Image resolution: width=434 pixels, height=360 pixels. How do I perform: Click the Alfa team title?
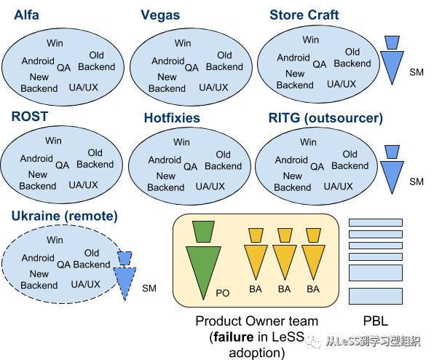point(26,15)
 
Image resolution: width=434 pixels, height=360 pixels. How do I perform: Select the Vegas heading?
point(160,15)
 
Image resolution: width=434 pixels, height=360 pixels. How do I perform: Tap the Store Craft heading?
point(304,15)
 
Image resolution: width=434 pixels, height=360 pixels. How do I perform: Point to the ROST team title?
point(30,117)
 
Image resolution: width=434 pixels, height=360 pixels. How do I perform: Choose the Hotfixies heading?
point(172,118)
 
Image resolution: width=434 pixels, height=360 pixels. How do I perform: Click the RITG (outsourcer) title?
point(325,118)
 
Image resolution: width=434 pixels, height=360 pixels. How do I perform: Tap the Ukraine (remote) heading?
point(65,216)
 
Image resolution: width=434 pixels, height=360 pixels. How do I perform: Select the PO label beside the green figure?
point(223,293)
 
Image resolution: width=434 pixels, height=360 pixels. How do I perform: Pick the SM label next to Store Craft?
point(417,72)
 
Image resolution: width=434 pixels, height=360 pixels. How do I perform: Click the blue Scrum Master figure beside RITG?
point(392,170)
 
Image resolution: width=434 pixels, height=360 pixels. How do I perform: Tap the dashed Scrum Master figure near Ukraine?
point(125,275)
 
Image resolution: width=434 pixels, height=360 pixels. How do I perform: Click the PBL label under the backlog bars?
point(375,321)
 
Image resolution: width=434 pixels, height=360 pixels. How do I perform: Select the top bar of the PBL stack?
point(376,222)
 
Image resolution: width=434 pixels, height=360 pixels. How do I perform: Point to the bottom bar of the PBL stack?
point(376,296)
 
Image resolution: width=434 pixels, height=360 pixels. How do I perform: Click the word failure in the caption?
point(233,337)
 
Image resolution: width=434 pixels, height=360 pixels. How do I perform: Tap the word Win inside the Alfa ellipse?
point(55,43)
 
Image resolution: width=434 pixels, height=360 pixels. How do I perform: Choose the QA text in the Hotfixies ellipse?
point(191,166)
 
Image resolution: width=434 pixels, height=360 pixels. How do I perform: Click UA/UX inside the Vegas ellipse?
point(213,87)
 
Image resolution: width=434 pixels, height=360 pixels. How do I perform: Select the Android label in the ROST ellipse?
point(36,158)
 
